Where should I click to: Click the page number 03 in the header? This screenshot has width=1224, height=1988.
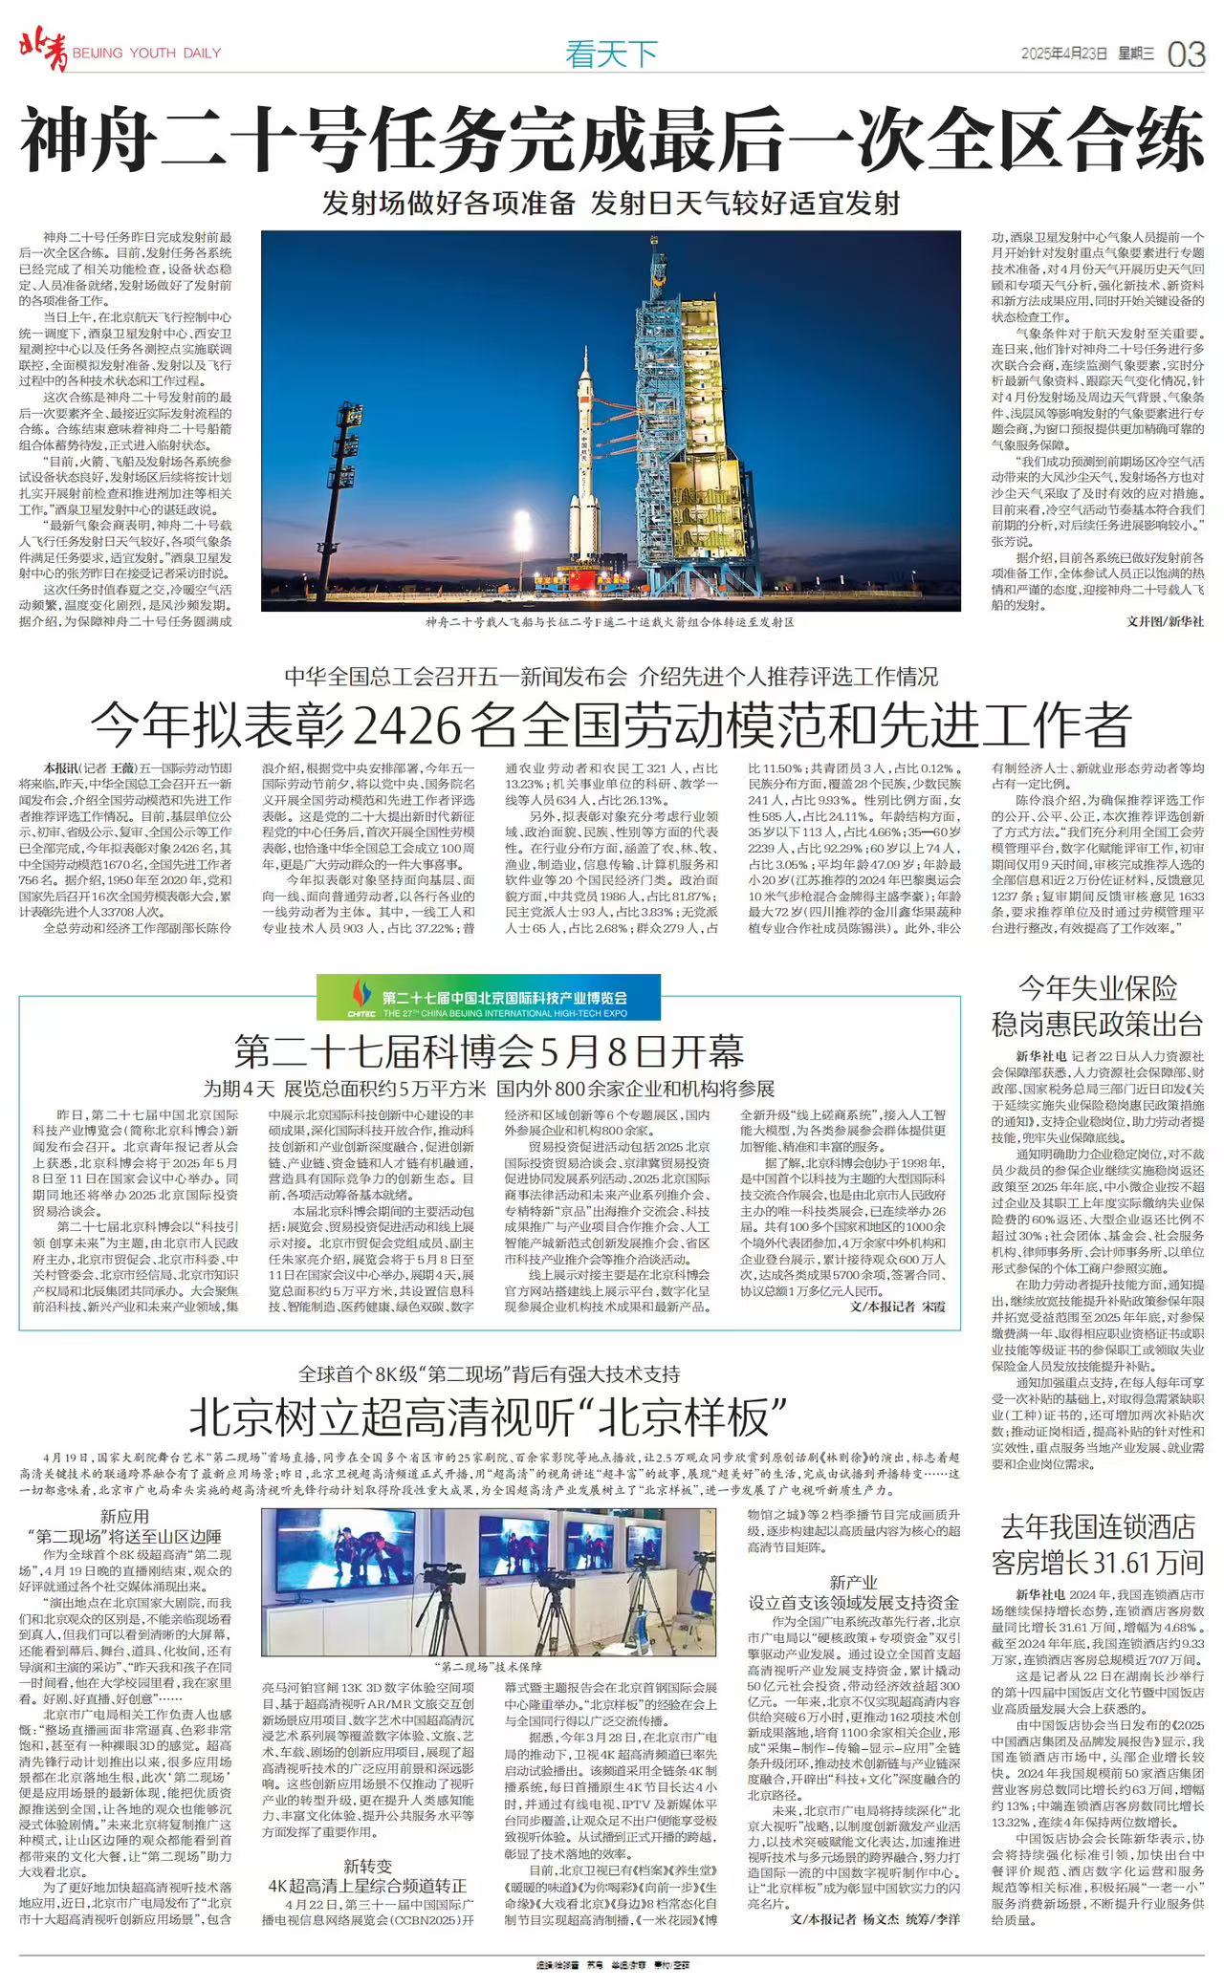click(1186, 54)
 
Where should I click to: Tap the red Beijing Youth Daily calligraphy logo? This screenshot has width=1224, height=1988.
click(44, 51)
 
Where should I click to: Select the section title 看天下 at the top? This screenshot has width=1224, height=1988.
click(611, 54)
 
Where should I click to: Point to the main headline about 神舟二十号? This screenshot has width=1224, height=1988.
click(612, 139)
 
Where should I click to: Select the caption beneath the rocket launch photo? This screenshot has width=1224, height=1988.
click(610, 622)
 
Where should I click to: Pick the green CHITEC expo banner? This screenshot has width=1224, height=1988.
click(489, 998)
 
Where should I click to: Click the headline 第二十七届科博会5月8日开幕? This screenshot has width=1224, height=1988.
click(489, 1052)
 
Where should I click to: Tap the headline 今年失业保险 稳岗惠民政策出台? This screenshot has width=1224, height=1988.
click(1097, 1006)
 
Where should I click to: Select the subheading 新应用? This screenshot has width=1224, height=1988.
click(124, 1517)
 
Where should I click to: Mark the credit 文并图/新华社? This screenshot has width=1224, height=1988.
click(1165, 621)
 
